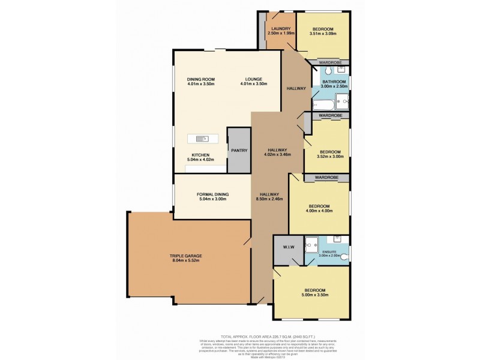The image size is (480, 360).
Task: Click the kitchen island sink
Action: [x=203, y=139]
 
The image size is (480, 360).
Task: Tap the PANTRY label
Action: [x=238, y=151]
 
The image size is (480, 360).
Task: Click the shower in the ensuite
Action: [x=311, y=244]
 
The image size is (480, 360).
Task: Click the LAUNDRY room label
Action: [x=281, y=29]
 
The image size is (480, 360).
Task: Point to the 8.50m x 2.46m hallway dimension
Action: [x=269, y=200]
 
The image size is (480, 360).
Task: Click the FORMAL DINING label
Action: [x=211, y=194]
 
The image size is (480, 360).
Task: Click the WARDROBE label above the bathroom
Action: [x=330, y=62]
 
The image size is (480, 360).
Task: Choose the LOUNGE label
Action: [x=256, y=79]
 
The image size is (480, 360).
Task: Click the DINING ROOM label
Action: [x=200, y=79]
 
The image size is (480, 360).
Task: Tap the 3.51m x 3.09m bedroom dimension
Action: [x=323, y=34]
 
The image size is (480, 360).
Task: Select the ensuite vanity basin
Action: [x=337, y=239]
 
